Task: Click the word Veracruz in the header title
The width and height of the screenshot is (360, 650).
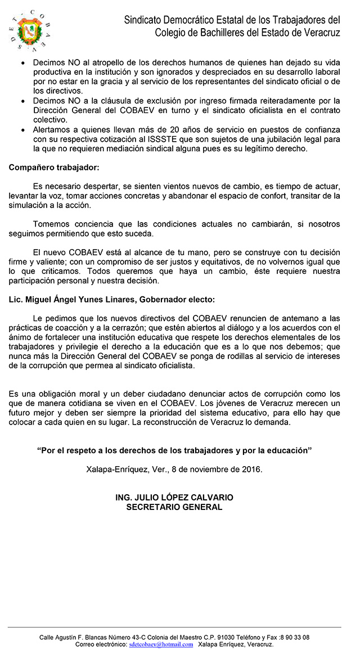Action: point(317,33)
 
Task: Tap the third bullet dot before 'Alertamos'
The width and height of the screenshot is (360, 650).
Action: point(22,129)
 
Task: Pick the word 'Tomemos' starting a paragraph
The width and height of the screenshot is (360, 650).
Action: point(52,224)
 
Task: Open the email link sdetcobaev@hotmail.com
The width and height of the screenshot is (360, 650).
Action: point(161,644)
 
